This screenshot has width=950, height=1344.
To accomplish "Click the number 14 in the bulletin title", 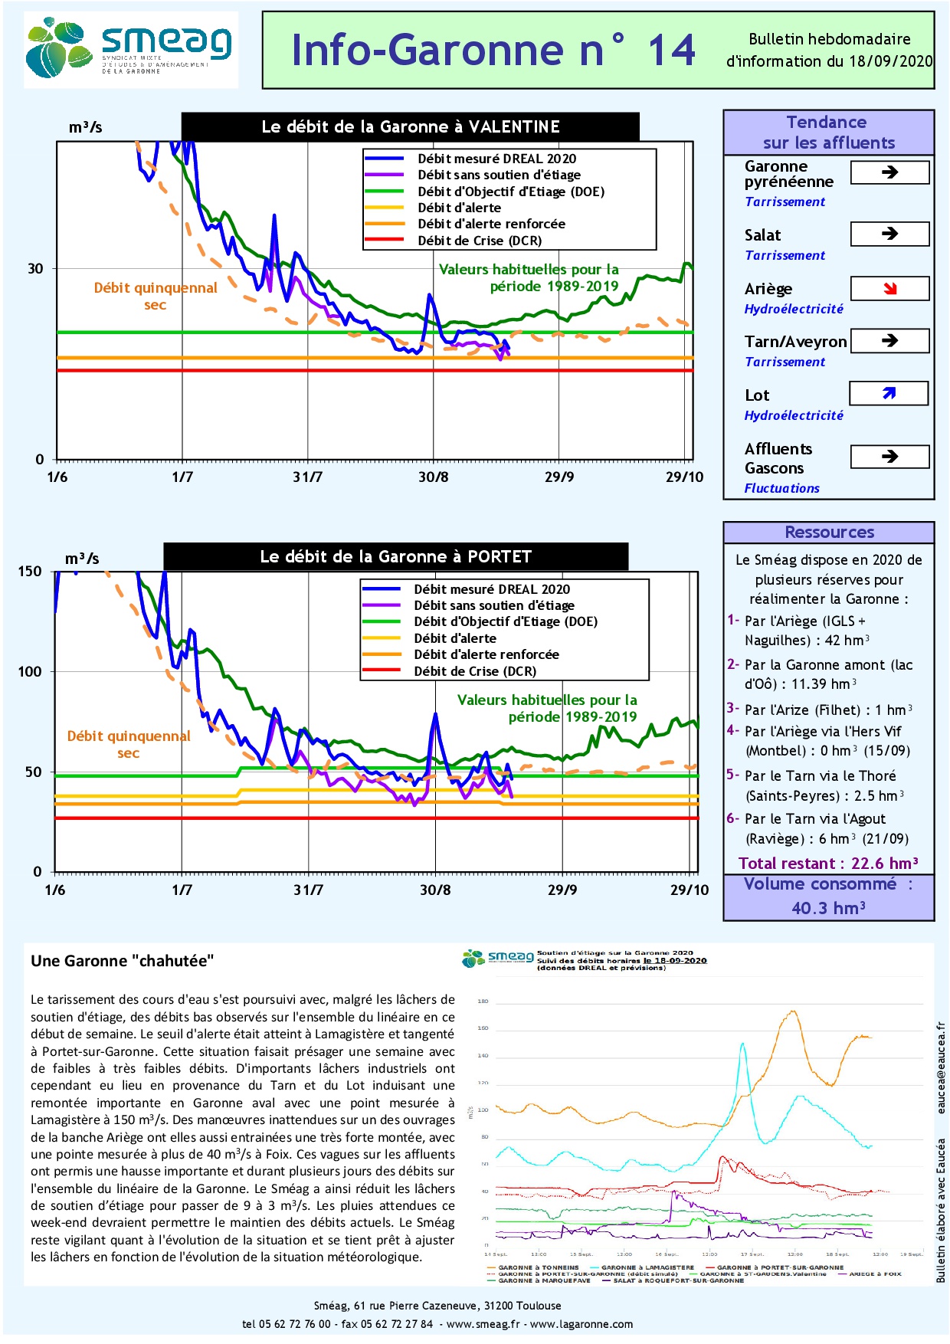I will coord(672,51).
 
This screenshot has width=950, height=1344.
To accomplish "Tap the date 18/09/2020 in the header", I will coord(890,61).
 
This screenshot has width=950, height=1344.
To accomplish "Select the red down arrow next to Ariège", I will coord(889,288).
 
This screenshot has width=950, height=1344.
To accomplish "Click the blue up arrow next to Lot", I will coord(889,393).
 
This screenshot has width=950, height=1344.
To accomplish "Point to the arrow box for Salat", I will coord(889,234).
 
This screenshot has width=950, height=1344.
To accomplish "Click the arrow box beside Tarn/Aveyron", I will coord(889,340).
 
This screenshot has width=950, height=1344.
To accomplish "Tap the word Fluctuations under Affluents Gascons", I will coord(781,488).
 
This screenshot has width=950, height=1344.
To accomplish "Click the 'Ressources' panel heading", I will coord(829,533).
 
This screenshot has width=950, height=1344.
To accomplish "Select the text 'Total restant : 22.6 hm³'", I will coord(828,864).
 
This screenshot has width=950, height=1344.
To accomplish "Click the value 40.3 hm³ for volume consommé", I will coord(828,908).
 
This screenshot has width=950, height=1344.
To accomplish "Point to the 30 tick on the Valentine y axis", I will coord(36,269).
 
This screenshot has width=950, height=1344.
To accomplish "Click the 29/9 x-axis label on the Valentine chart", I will coord(559,477).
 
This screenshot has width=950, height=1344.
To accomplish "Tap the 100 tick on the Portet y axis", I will coord(30,672).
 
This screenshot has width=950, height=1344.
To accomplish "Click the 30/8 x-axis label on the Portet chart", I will coord(435,890).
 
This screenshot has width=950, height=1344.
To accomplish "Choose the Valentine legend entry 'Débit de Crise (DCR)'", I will coord(480,241).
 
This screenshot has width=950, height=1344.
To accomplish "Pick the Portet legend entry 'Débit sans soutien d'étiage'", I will coord(494,605).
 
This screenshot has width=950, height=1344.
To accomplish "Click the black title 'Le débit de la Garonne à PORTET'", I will coord(395,557).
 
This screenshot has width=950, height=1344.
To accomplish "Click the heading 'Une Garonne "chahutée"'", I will coord(123,961).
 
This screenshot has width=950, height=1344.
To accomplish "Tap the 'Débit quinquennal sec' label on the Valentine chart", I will coord(156,296).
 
